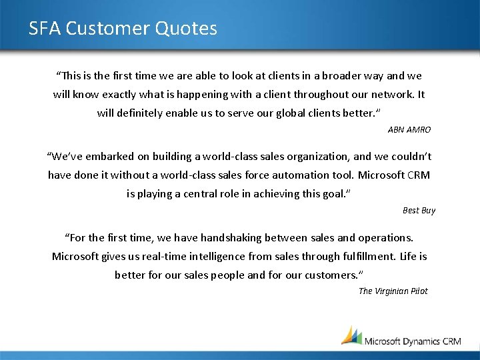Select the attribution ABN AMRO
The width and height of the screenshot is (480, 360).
click(409, 129)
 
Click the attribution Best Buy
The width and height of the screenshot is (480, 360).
click(419, 210)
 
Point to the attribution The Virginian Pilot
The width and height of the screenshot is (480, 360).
click(393, 291)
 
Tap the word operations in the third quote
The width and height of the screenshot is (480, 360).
click(385, 237)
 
